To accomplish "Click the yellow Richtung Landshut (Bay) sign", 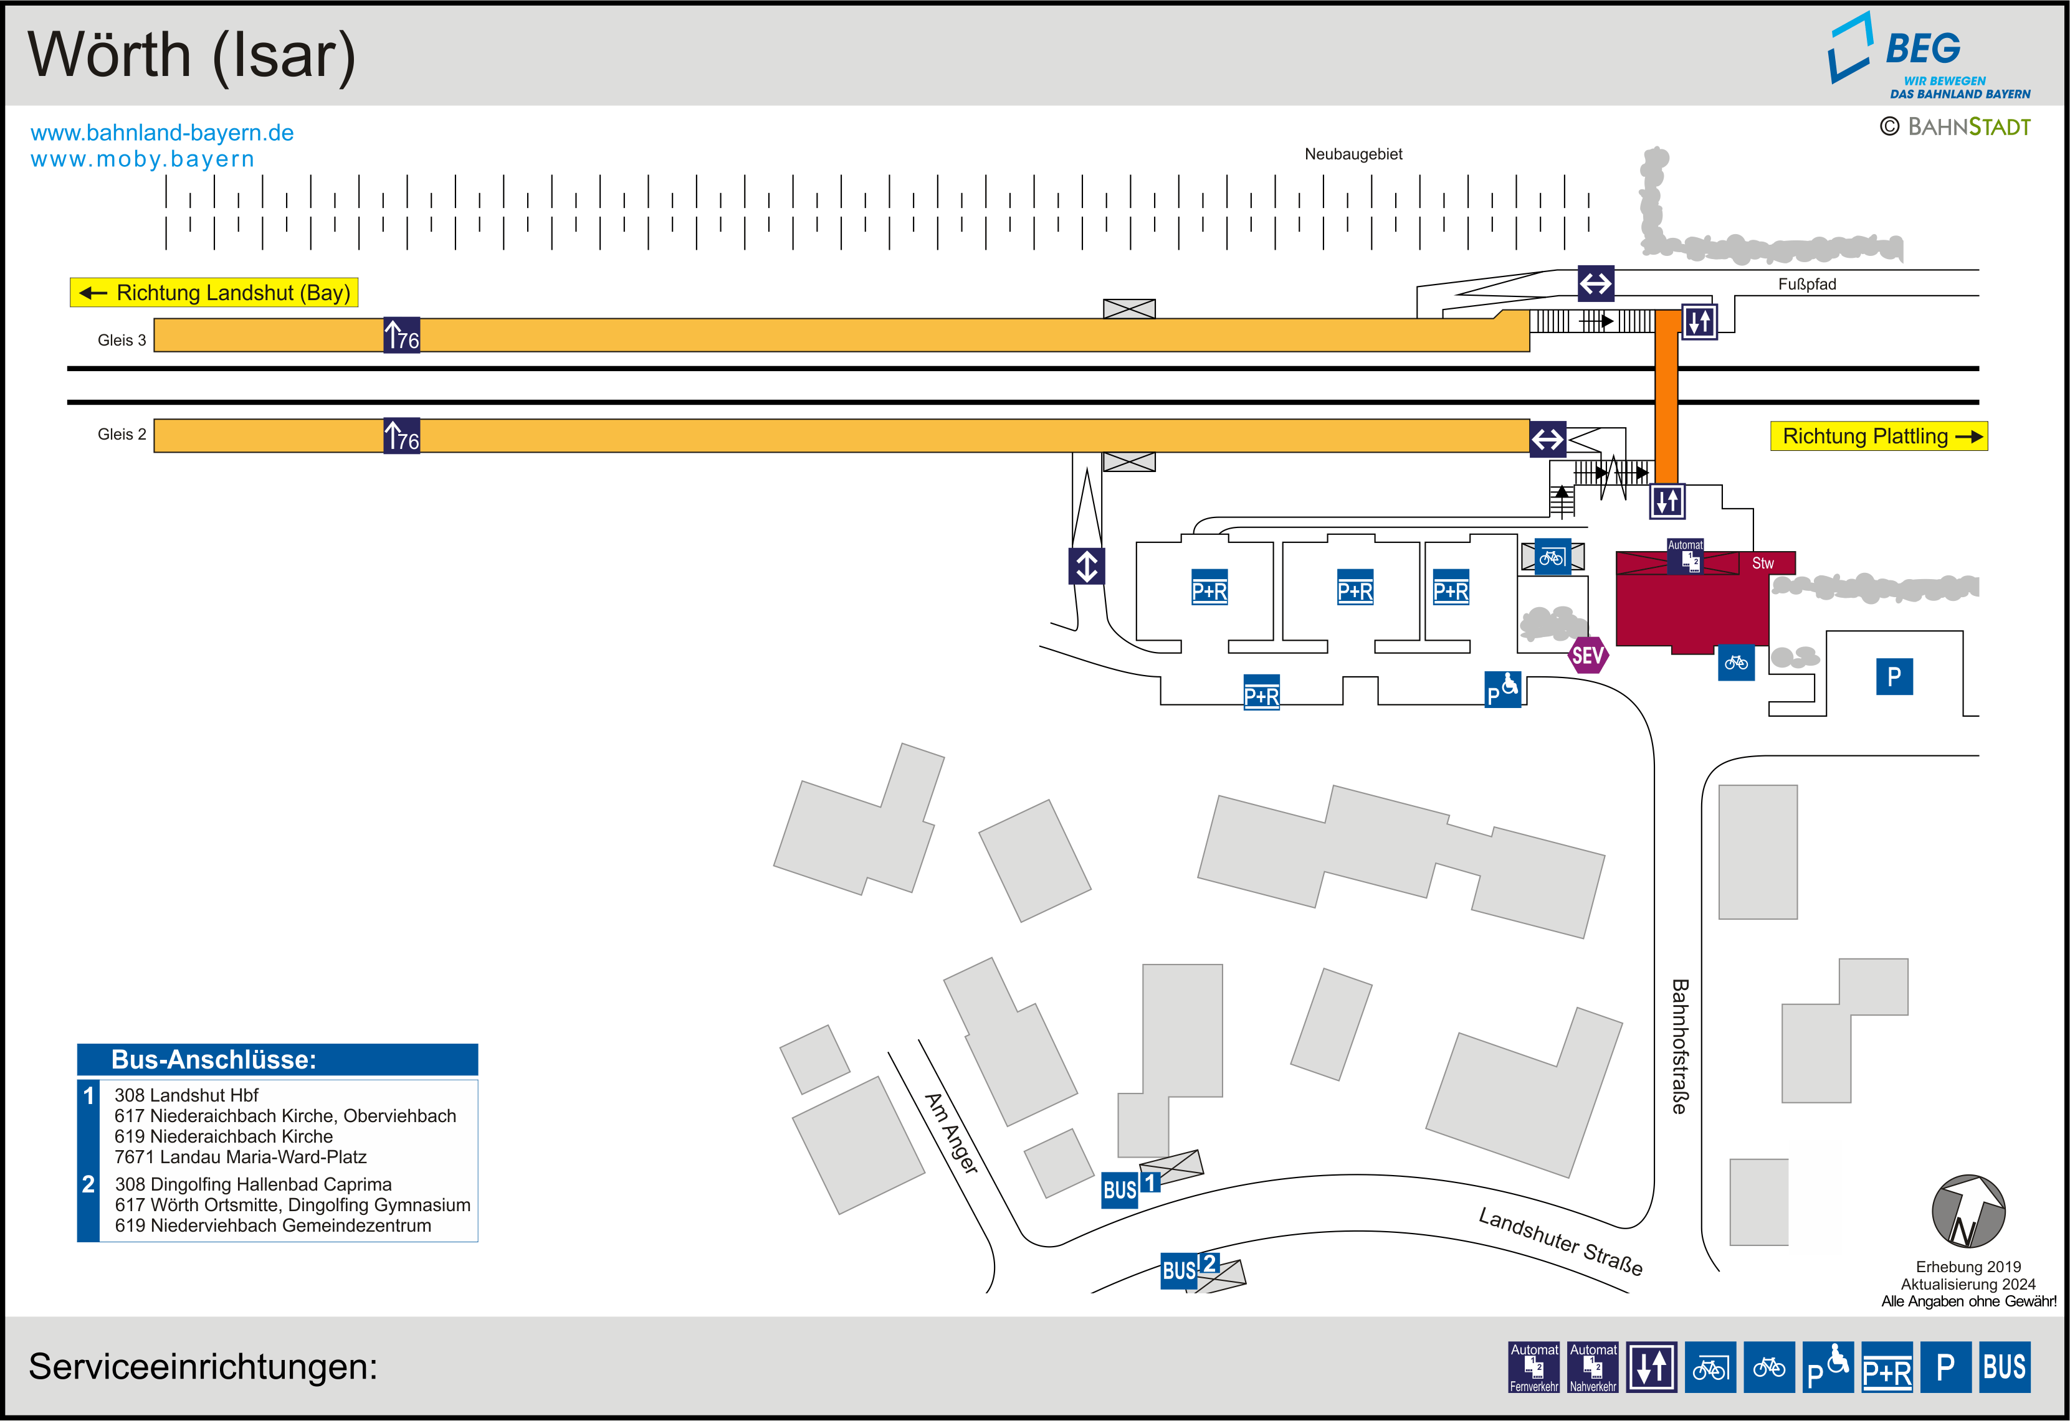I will point(214,292).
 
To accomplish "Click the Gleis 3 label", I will point(121,340).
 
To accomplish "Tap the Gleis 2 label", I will point(121,435).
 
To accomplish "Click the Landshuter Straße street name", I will point(1560,1241).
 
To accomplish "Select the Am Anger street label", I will point(952,1133).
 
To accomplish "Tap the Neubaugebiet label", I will point(1353,154).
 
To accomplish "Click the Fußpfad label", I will point(1806,284).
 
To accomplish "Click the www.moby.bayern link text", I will point(143,159).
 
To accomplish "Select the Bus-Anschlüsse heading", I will point(214,1059).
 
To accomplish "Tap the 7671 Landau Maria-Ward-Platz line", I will point(241,1156).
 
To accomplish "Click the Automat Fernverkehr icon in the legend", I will point(1533,1367).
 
